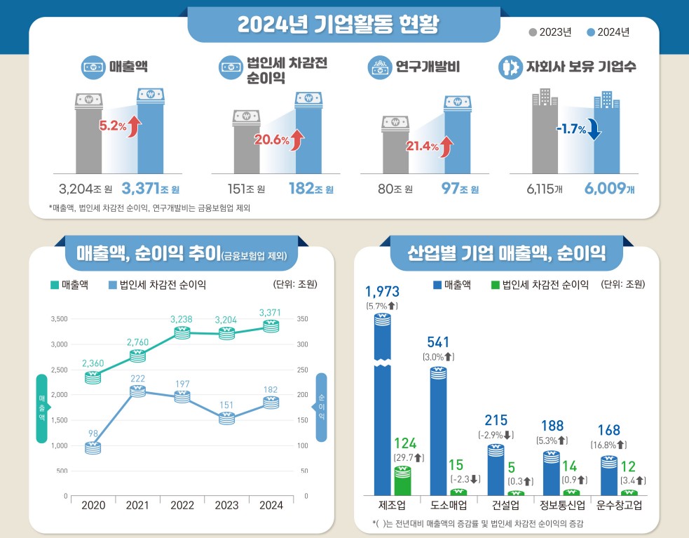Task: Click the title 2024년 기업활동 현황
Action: click(338, 25)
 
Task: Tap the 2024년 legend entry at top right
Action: click(608, 32)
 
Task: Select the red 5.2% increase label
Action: click(113, 126)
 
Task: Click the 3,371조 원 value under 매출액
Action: click(150, 189)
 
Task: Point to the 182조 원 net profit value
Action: click(311, 189)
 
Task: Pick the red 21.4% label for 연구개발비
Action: click(422, 147)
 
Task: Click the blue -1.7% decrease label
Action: click(571, 129)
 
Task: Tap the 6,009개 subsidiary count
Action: click(608, 189)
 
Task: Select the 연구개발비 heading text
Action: click(428, 67)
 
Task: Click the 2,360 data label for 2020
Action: click(93, 363)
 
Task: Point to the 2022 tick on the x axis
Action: click(182, 505)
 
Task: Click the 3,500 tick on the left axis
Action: click(59, 319)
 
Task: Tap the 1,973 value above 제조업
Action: click(382, 291)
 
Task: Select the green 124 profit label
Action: click(405, 443)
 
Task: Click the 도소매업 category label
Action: click(439, 505)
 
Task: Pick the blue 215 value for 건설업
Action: click(496, 420)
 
